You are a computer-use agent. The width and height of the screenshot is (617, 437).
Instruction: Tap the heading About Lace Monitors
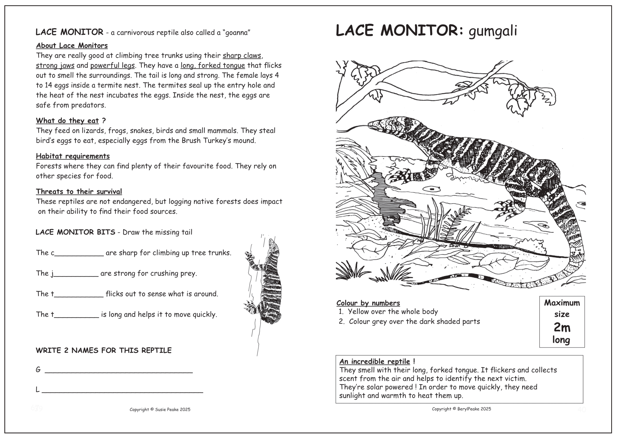point(72,45)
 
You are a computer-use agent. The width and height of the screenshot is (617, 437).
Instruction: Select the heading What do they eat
point(68,120)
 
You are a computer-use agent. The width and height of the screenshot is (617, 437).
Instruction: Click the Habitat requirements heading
point(73,156)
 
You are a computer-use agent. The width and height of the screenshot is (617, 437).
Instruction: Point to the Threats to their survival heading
point(79,191)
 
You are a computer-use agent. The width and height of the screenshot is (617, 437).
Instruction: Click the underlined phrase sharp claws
point(242,56)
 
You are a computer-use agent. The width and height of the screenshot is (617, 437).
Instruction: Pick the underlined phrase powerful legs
point(112,65)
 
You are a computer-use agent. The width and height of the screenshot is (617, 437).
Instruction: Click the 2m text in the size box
point(562,327)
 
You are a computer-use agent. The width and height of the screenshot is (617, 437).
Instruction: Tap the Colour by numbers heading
point(368,303)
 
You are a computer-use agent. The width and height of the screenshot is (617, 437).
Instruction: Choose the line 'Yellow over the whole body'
point(393,312)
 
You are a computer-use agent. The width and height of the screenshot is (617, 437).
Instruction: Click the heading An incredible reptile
point(375,361)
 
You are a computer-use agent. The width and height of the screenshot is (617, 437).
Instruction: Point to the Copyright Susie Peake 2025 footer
point(160,410)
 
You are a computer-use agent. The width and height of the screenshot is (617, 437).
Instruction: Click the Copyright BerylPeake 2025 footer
point(461,409)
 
